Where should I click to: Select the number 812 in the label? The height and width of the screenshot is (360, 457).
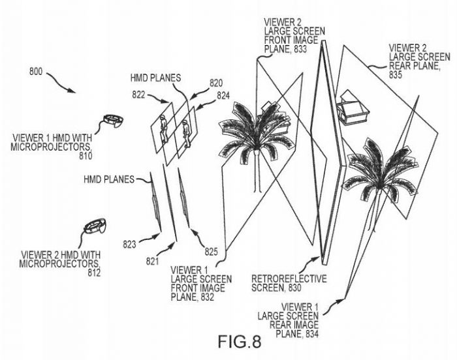click(90, 272)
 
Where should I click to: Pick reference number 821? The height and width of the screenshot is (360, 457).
click(152, 262)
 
